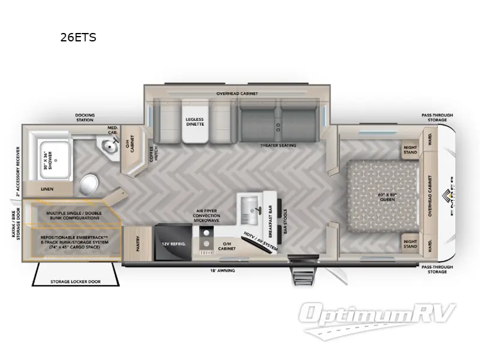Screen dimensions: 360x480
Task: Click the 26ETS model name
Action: tap(78, 37)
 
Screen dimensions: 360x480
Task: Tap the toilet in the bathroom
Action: tap(88, 182)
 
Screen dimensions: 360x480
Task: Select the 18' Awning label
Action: tap(223, 271)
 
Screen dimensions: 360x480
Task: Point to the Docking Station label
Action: tap(85, 117)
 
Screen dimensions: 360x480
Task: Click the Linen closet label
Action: tap(47, 189)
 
